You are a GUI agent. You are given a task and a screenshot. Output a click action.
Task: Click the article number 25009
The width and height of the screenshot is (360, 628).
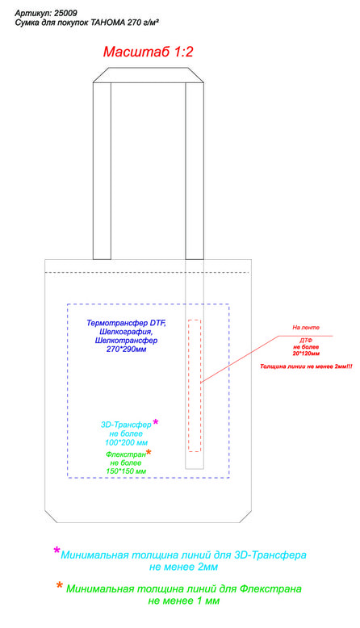(x=65, y=14)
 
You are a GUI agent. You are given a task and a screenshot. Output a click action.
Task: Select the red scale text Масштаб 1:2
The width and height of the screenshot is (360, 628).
(x=149, y=52)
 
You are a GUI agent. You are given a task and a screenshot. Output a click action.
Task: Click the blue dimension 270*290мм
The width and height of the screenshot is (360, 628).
(x=126, y=350)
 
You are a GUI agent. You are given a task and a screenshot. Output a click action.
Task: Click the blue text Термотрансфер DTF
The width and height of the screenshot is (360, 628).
(x=126, y=323)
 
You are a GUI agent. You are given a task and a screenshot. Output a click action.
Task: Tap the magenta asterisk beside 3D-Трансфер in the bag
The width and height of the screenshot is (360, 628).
(x=155, y=422)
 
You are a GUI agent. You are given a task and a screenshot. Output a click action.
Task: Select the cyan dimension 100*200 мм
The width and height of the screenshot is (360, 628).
(x=126, y=442)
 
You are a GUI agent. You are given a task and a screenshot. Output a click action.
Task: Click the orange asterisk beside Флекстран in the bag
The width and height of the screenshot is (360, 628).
(x=149, y=452)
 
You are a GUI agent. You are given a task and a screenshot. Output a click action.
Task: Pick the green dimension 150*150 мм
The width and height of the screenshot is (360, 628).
(x=126, y=471)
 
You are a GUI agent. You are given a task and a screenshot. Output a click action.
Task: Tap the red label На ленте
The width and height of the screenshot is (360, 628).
(x=306, y=328)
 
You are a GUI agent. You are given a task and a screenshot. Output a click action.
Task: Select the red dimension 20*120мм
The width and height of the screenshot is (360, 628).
(x=306, y=354)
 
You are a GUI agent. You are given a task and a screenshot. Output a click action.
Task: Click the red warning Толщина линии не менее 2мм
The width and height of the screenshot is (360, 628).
(x=306, y=366)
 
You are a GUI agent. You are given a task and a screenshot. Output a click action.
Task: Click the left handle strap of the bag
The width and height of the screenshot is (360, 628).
(x=103, y=171)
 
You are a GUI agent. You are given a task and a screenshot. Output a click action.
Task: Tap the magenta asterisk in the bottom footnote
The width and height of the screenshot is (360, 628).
(x=57, y=551)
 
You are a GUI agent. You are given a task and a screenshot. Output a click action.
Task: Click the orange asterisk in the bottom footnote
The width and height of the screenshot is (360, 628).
(x=59, y=586)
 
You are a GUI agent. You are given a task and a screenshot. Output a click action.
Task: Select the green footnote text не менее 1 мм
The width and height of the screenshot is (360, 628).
(x=184, y=601)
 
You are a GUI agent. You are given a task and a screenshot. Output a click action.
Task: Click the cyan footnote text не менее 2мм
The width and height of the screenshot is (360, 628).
(x=184, y=567)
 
